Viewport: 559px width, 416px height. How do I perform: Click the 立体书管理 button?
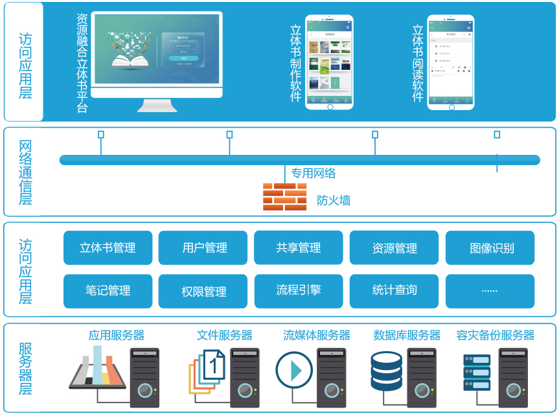[x=108, y=248]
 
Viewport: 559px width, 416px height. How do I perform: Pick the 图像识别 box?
[x=490, y=248]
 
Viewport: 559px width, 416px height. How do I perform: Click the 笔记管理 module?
[x=108, y=291]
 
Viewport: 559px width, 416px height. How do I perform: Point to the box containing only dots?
[x=490, y=291]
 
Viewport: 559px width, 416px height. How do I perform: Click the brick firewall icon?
[x=284, y=197]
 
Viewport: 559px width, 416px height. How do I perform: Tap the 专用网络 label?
[x=313, y=173]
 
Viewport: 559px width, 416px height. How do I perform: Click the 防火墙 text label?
[x=334, y=200]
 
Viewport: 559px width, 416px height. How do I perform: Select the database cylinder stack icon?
[x=386, y=371]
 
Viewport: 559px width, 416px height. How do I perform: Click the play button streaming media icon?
[x=295, y=371]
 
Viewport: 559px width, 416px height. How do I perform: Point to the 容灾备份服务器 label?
[x=495, y=335]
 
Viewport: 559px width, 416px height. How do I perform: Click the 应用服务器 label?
[x=117, y=335]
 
